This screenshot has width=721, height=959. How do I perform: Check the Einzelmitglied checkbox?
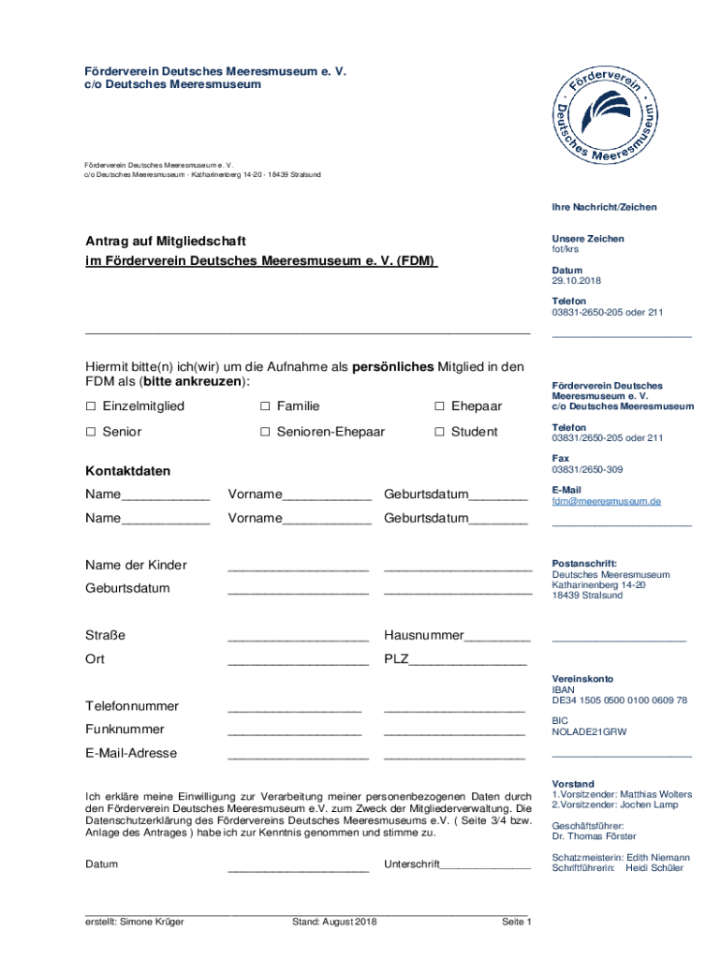91,406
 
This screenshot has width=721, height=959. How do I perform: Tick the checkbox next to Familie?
265,406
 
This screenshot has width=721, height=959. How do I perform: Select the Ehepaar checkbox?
439,406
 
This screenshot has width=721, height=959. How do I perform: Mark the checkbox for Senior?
91,432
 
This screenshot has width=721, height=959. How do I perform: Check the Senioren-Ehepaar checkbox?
265,432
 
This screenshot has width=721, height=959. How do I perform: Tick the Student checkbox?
439,432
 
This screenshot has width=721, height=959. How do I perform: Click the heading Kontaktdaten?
127,470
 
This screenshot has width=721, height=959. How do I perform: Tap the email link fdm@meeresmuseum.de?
606,501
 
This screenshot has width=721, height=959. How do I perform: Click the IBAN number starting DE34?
619,701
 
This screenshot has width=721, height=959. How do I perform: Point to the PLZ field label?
395,658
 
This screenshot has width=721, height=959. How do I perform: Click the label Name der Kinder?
136,565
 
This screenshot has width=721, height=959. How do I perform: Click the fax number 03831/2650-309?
587,469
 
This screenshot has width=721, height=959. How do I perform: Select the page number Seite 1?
516,922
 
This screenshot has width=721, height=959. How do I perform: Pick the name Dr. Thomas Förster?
594,836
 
